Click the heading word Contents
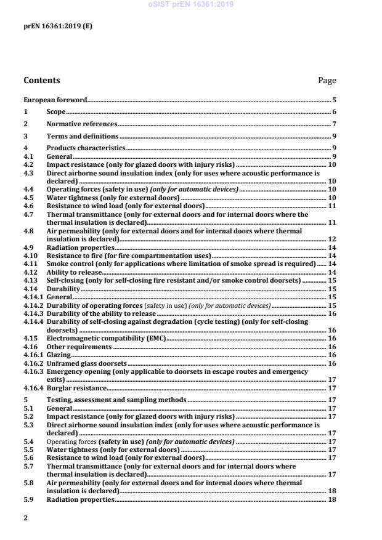click(x=42, y=80)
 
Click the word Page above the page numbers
click(x=327, y=80)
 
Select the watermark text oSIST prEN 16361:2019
click(x=190, y=4)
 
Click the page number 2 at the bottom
click(x=25, y=518)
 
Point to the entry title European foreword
click(x=55, y=99)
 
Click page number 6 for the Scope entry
click(x=334, y=111)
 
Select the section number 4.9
click(x=28, y=247)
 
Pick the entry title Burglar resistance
click(x=76, y=388)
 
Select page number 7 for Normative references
click(x=334, y=124)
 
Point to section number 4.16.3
click(x=34, y=371)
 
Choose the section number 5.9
click(x=28, y=499)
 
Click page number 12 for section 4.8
click(x=331, y=239)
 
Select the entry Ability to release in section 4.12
click(x=74, y=272)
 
